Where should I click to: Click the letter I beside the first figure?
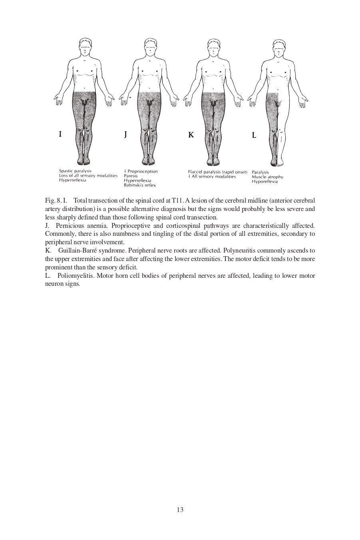(x=60, y=134)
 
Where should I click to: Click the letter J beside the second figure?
(x=125, y=134)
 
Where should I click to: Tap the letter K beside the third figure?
(x=191, y=135)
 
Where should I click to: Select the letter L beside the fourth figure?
(x=254, y=135)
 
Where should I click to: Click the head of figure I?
(x=85, y=47)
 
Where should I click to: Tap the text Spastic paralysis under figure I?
(x=75, y=171)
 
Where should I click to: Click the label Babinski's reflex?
(x=140, y=185)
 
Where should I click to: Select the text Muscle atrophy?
(x=267, y=177)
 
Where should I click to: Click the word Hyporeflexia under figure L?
(x=265, y=181)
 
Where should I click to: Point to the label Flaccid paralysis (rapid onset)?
(x=218, y=172)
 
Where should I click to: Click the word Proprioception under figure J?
(x=143, y=171)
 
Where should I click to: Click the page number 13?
(x=180, y=510)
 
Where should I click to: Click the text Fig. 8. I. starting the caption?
(x=56, y=200)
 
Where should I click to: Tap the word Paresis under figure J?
(x=131, y=176)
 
